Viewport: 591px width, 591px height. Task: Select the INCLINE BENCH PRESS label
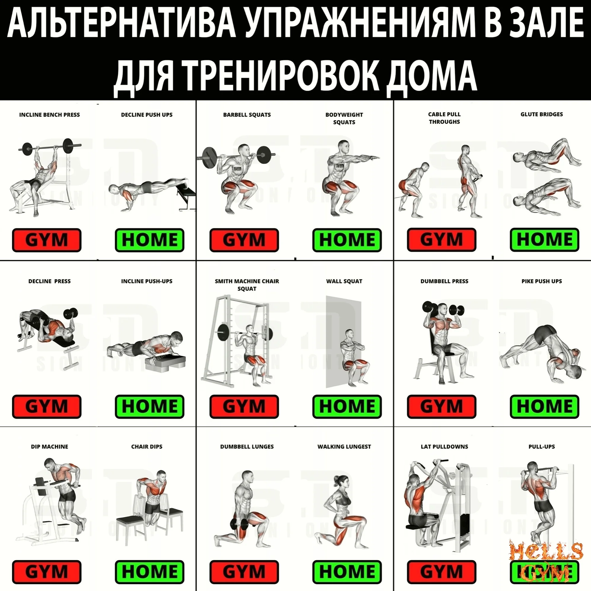(x=49, y=115)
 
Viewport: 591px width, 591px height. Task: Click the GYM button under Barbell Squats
(x=244, y=240)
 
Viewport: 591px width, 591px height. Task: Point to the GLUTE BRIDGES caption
(x=542, y=114)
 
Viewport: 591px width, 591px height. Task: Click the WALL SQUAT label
(x=344, y=281)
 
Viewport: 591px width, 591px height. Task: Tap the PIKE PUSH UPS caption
(x=542, y=281)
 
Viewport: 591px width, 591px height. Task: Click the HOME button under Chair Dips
(x=150, y=572)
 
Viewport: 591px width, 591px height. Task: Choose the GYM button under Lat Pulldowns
(x=441, y=572)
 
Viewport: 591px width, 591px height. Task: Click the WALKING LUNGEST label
(x=344, y=447)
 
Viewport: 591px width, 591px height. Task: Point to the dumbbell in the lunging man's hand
(x=240, y=524)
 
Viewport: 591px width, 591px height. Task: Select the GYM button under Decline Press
(x=47, y=407)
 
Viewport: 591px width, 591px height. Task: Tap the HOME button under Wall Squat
(x=347, y=407)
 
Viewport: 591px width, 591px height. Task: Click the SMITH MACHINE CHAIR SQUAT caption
(x=247, y=285)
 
